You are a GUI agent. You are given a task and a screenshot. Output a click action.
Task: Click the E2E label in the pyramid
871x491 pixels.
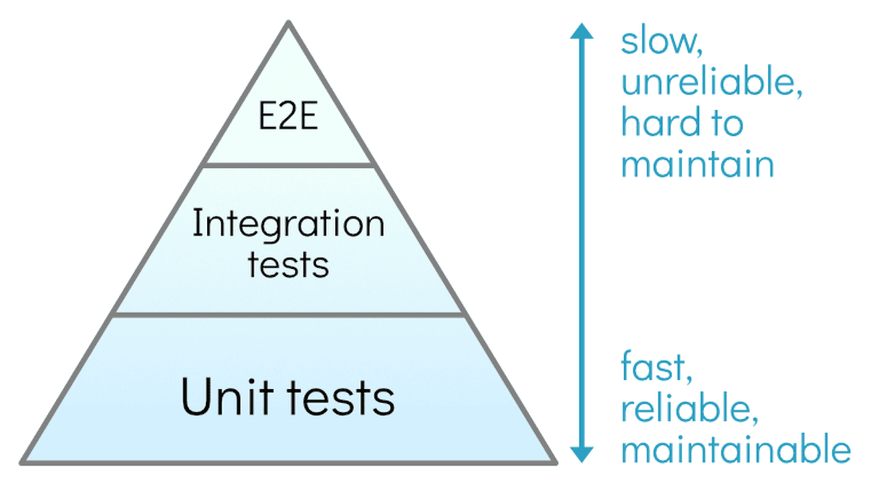tap(289, 118)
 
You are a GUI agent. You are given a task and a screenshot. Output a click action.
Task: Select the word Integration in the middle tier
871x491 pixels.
tap(288, 226)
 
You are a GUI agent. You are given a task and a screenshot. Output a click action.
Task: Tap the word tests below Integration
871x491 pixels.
tap(288, 265)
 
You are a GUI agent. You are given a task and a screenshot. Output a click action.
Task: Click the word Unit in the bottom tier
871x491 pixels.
tap(221, 398)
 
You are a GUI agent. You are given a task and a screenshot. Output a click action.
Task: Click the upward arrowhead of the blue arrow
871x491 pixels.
tap(581, 31)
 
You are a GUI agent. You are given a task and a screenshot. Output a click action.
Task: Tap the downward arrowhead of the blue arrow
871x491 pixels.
tap(581, 453)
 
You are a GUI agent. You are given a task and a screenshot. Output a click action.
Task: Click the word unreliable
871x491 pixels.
tap(711, 84)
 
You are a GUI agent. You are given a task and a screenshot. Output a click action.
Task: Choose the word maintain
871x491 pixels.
tap(698, 165)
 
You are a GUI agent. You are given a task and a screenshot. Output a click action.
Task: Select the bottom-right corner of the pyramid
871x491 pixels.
tap(555, 461)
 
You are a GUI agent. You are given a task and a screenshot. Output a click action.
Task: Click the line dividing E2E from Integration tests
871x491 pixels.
tap(290, 165)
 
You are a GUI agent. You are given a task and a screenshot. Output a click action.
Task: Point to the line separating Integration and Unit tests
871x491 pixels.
tap(289, 315)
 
